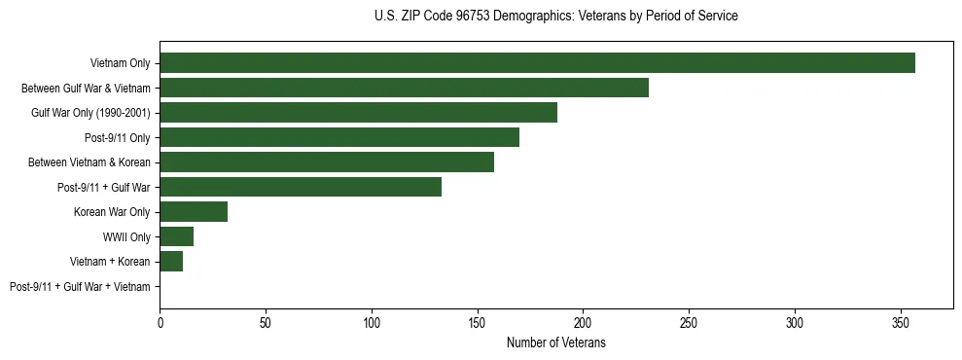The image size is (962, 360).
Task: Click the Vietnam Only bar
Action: [537, 63]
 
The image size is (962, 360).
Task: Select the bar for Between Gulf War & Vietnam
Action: [404, 88]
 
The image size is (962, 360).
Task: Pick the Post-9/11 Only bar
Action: [339, 137]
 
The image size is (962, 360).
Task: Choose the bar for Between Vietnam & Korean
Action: [327, 162]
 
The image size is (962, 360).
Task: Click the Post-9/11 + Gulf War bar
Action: [301, 187]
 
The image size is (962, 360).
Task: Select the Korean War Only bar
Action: [194, 212]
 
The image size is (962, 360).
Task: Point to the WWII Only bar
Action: [177, 236]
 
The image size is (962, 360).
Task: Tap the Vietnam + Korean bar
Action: [171, 262]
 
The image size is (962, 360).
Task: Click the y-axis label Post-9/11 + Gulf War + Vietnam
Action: [80, 287]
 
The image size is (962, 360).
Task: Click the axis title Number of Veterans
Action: [555, 342]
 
